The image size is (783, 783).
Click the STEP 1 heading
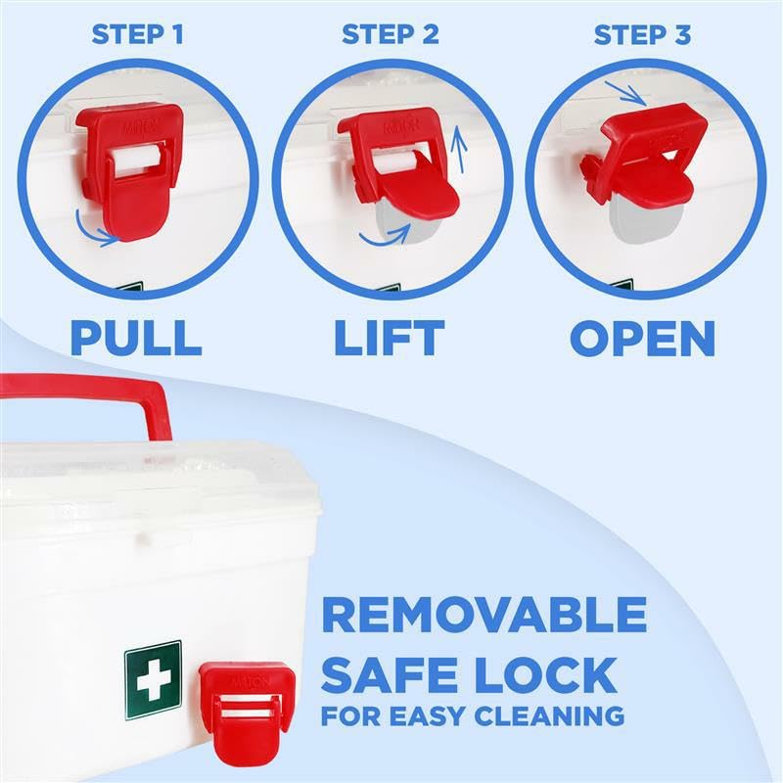(x=137, y=35)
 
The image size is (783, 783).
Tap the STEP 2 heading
(x=390, y=35)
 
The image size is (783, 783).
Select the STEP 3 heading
(x=643, y=35)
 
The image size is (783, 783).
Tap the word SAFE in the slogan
(x=391, y=675)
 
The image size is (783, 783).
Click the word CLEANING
(x=546, y=716)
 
